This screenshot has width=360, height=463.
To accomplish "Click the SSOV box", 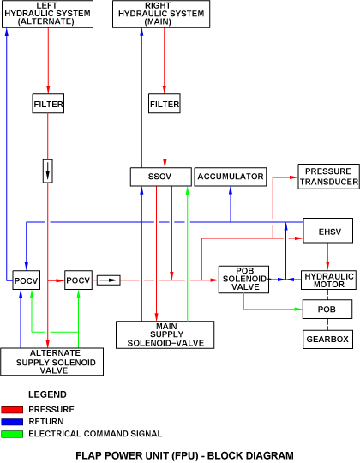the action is point(161,177).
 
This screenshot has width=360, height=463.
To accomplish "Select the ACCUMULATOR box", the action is point(231,177).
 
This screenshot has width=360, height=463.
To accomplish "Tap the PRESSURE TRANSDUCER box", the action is point(329,177).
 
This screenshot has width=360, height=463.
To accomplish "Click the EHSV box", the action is point(327,231).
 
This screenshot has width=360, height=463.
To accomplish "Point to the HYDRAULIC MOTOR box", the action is point(328,280).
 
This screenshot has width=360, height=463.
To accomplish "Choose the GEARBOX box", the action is point(327,340).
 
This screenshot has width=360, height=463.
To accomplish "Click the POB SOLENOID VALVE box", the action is point(243,280).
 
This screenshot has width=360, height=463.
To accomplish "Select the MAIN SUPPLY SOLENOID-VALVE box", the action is point(165,335).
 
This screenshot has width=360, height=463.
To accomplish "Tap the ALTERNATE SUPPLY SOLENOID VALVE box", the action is point(52,362).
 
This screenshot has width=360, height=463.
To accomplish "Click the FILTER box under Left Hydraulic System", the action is point(48,104).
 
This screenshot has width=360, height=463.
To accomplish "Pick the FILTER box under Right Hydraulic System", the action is point(165,104).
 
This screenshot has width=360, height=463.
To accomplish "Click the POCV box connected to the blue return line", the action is point(27,280).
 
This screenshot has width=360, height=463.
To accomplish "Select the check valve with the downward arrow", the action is point(48,171).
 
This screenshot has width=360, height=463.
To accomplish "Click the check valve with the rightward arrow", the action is point(109,280).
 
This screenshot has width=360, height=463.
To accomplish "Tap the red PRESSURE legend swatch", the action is point(12,410).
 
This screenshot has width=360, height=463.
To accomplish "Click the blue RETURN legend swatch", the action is point(12,422).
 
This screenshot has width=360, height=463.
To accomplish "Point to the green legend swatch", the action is point(12,434).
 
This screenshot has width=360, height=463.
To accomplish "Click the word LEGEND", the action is point(47,394).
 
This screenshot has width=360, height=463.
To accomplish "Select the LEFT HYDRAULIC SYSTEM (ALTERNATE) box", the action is point(48,14).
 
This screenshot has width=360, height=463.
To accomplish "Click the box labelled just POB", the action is point(327,310).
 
